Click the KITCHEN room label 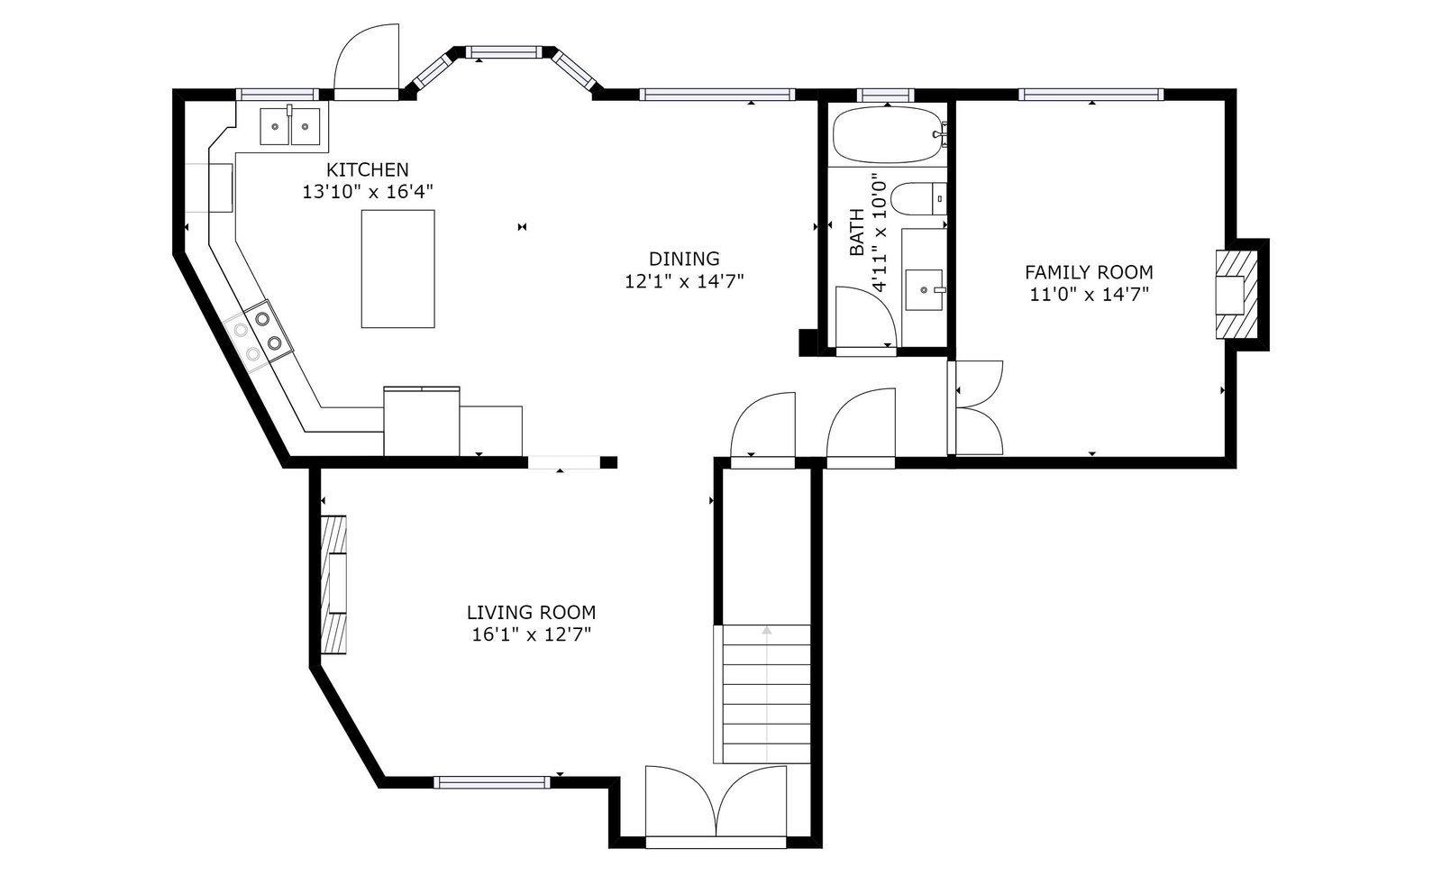367,170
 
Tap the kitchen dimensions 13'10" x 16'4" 368,192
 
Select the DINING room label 684,259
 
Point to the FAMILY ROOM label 1089,272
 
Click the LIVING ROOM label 531,612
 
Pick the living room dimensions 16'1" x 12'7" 531,635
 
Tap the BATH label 857,233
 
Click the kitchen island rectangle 397,269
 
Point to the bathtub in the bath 890,134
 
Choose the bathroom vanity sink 924,289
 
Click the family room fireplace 1237,294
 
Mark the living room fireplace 334,584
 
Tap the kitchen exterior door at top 366,62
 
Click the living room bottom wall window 492,782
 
